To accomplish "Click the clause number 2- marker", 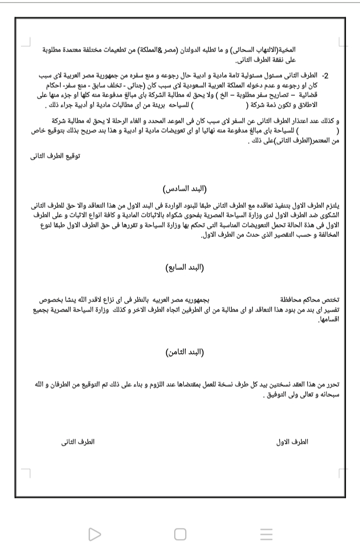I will pos(324,76).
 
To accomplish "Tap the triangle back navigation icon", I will pos(94,534).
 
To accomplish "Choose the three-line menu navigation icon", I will pos(266,534).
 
